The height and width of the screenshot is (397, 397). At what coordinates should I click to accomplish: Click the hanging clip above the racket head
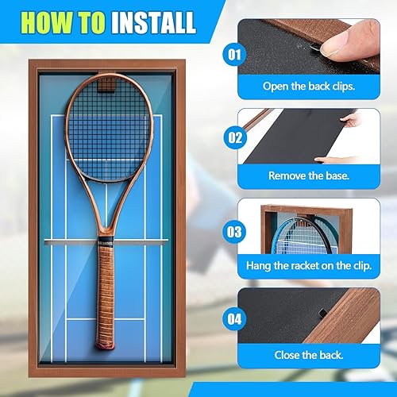tap(105, 79)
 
